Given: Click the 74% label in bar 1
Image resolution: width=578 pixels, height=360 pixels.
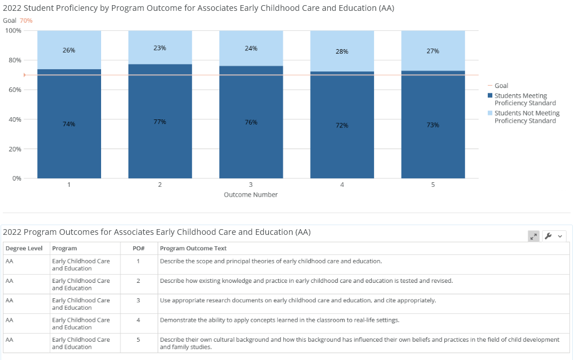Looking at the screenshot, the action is click(69, 124).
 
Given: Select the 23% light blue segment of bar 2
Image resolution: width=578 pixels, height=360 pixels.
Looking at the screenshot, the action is click(160, 47).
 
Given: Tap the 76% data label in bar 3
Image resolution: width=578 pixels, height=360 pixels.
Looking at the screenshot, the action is click(251, 122).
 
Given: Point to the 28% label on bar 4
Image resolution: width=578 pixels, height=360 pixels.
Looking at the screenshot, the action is click(342, 51).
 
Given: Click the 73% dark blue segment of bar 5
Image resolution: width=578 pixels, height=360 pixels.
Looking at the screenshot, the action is click(433, 125).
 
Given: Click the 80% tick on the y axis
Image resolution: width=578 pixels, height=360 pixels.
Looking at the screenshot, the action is click(15, 60).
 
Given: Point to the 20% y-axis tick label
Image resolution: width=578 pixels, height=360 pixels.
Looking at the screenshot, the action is click(15, 149).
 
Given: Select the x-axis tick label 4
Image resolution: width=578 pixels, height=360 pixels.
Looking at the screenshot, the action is click(342, 185).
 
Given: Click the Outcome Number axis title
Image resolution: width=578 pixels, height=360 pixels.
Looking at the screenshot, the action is click(251, 194).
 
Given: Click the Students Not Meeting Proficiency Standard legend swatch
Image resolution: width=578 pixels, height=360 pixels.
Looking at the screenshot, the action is click(490, 113).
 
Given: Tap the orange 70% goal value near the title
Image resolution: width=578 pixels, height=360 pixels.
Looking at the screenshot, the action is click(26, 21).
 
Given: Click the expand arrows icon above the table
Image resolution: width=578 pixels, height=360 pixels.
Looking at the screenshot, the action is click(533, 237).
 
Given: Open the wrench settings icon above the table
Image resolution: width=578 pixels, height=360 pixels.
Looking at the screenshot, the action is click(548, 236).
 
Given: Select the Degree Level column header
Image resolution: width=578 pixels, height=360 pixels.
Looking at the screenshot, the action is click(24, 248).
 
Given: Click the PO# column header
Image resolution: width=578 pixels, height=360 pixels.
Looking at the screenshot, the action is click(139, 248).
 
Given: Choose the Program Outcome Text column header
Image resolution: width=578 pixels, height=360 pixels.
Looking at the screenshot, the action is click(193, 248).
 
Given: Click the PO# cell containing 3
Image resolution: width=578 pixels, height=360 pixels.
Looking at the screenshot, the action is click(138, 300).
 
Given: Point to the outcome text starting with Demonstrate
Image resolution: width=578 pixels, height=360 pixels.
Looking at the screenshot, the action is click(280, 320).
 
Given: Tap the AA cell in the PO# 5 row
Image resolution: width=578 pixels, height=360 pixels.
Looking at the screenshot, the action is click(9, 339).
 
